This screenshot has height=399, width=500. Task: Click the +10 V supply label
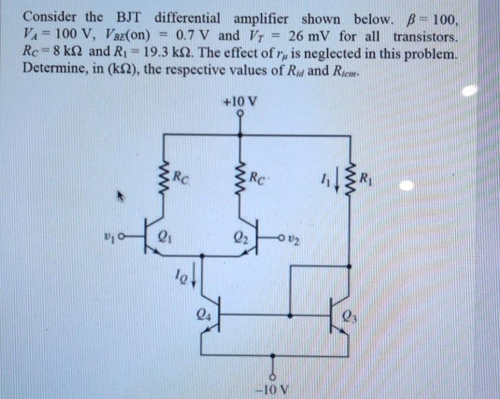240,100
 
